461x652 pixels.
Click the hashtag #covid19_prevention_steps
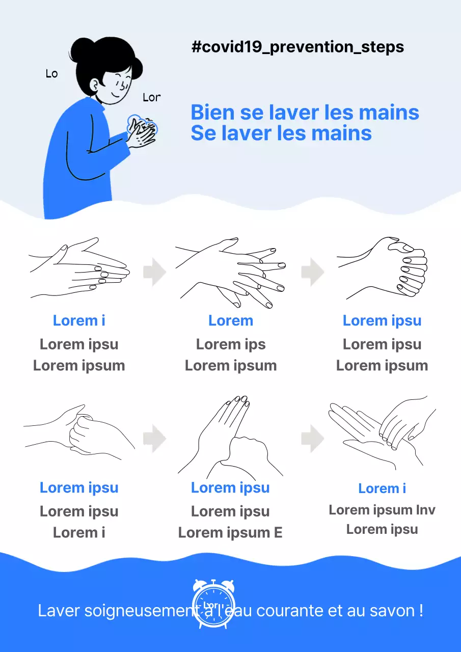pyautogui.click(x=297, y=47)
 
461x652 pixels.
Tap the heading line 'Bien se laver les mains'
pyautogui.click(x=305, y=113)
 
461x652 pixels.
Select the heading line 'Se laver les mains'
pyautogui.click(x=281, y=133)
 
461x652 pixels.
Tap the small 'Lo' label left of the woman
pyautogui.click(x=51, y=74)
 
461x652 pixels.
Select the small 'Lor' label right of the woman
pyautogui.click(x=151, y=97)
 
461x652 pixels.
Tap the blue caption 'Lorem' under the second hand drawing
pyautogui.click(x=231, y=321)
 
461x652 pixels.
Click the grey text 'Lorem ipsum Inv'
pyautogui.click(x=382, y=510)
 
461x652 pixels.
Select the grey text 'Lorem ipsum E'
pyautogui.click(x=230, y=533)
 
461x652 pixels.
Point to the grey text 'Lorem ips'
pyautogui.click(x=231, y=344)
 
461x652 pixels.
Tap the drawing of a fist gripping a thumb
pyautogui.click(x=79, y=430)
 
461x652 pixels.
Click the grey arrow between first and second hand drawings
pyautogui.click(x=155, y=272)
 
